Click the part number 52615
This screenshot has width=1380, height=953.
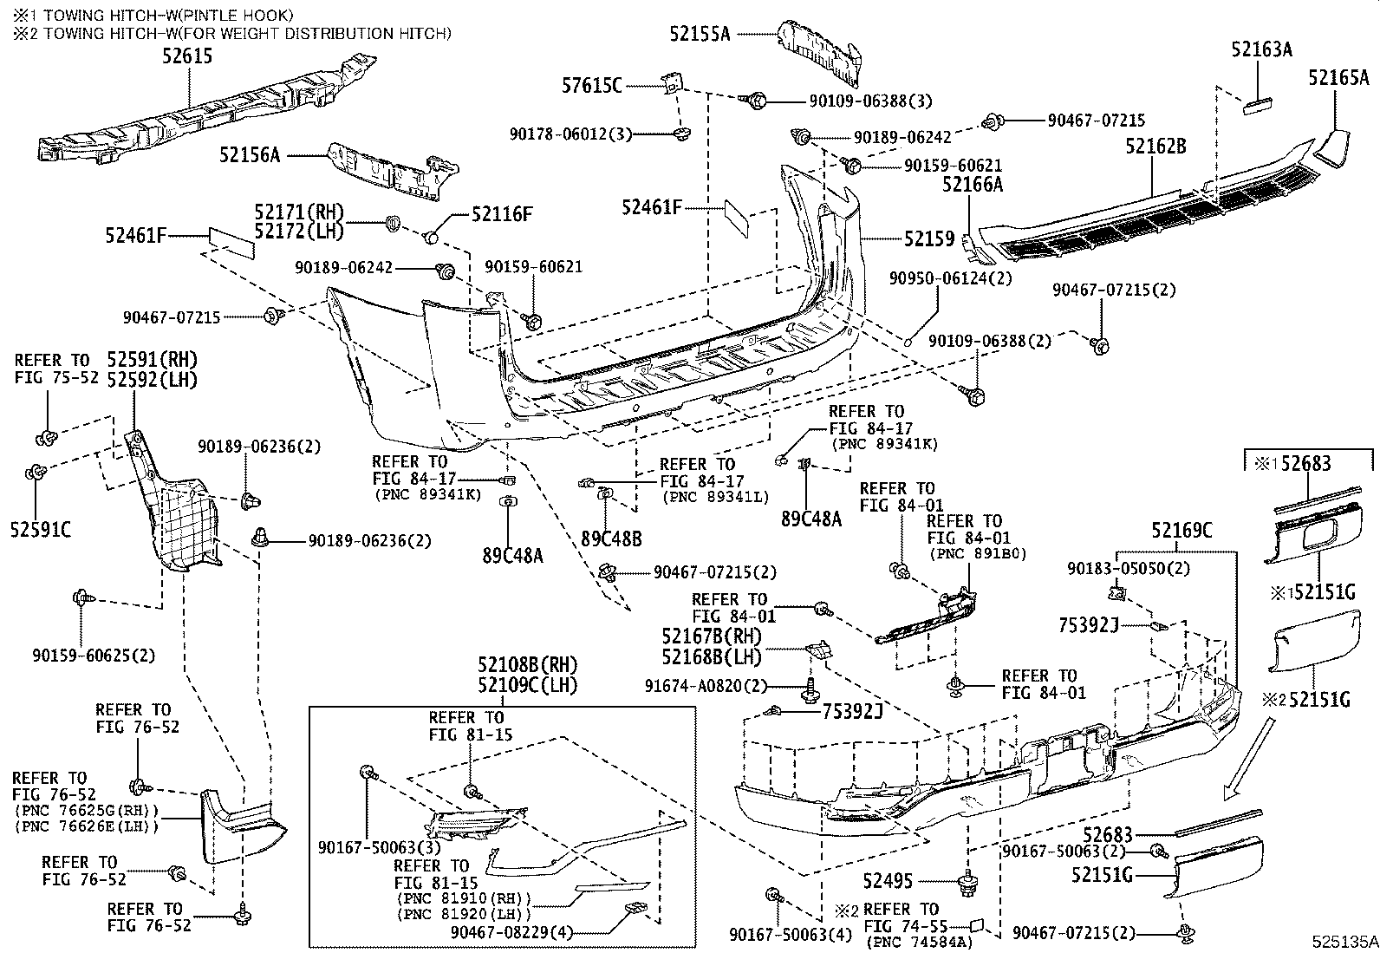click(186, 56)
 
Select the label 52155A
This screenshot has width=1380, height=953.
click(700, 34)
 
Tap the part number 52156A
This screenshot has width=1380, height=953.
click(250, 155)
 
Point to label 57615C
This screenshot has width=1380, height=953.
click(592, 85)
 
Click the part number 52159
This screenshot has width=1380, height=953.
click(929, 238)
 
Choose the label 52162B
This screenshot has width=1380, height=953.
click(1155, 147)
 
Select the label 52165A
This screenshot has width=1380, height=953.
click(1338, 79)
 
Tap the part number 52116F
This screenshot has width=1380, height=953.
click(502, 214)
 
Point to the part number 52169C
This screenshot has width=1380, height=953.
click(1181, 530)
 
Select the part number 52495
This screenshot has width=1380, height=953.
click(888, 881)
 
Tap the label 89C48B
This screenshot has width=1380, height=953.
click(611, 539)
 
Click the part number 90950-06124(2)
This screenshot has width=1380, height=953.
click(951, 278)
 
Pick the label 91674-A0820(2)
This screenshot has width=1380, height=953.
click(706, 685)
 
